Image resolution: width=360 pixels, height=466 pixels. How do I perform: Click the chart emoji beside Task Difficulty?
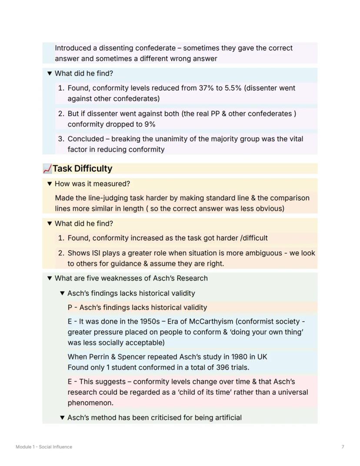coord(47,169)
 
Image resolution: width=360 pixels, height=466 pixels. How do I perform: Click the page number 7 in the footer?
coord(343,447)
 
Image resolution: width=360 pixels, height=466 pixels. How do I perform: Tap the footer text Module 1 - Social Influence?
coord(44,447)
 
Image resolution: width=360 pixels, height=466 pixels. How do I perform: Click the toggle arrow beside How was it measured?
coord(49,184)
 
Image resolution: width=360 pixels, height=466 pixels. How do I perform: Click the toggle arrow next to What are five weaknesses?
coord(49,278)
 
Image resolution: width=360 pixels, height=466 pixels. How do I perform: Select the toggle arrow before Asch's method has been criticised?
coord(62,418)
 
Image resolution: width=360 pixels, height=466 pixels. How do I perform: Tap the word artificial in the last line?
coord(225,418)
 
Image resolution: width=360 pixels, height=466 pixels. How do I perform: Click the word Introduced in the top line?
coord(73,48)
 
